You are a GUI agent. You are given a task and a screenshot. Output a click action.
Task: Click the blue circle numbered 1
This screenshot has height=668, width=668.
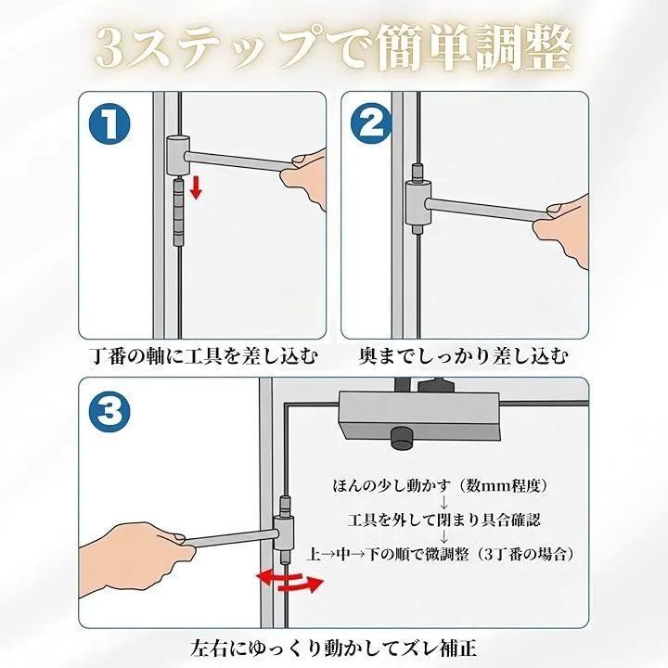109,123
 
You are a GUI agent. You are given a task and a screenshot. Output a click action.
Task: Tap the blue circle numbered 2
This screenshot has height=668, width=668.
371,123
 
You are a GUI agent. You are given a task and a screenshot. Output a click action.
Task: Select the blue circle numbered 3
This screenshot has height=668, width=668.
109,411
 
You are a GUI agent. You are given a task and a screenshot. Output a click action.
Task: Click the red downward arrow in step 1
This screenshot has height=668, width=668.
196,188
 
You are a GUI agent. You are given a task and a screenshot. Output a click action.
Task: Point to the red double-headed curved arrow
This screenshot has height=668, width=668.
289,580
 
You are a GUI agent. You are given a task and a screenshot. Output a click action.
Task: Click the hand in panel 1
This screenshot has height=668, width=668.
306,177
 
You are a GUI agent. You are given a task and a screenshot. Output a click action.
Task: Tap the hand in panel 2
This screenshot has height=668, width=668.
563,231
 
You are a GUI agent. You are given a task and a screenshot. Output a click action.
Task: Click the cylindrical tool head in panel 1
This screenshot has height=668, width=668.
177,156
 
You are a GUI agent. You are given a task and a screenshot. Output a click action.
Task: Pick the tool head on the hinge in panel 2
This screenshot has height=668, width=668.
417,203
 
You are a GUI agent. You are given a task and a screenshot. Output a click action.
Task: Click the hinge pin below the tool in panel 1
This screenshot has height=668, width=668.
178,212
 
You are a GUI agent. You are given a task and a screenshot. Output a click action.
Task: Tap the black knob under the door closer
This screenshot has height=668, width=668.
402,438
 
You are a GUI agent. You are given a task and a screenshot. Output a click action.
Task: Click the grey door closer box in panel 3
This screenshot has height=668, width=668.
418,416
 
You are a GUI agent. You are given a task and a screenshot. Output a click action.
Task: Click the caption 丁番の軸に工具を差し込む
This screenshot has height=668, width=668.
205,356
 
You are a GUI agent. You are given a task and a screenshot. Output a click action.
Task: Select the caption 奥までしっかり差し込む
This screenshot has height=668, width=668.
463,356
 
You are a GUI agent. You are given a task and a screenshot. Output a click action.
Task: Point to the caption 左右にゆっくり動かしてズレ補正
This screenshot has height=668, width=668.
334,648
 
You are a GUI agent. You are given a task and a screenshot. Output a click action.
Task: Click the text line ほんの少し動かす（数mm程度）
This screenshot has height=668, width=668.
440,485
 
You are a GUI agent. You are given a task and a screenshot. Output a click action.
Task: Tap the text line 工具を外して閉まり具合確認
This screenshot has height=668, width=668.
443,520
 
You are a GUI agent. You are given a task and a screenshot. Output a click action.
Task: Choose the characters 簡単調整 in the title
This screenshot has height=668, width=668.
474,47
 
